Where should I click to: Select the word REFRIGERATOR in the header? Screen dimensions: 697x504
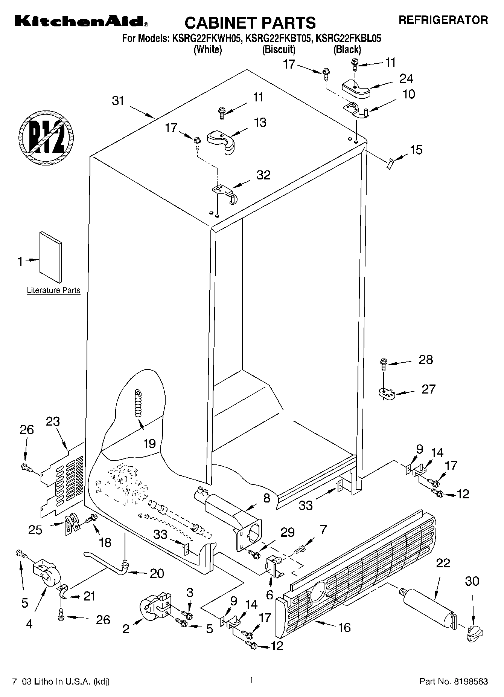[443, 20]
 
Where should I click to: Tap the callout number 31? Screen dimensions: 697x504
[118, 101]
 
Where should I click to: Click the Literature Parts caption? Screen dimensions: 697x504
[53, 290]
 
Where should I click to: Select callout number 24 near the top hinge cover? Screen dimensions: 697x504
[407, 78]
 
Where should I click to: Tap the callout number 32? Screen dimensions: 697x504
[263, 175]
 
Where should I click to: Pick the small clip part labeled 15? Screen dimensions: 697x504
[390, 164]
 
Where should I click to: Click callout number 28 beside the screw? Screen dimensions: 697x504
[426, 359]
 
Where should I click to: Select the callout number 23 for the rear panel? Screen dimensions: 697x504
[53, 421]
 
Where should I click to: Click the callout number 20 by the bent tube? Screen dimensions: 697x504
[157, 573]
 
